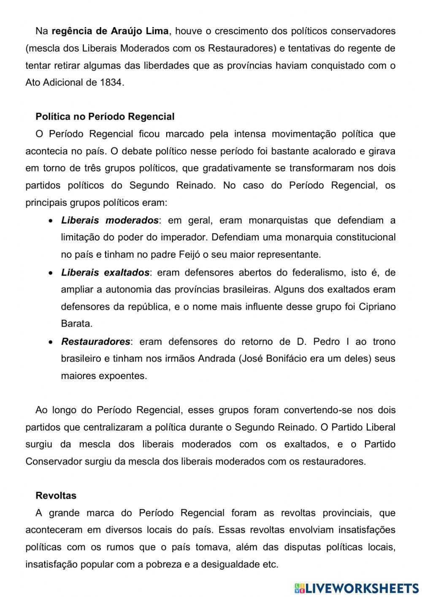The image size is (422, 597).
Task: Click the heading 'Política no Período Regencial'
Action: pyautogui.click(x=105, y=117)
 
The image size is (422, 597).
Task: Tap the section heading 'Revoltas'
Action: pyautogui.click(x=56, y=495)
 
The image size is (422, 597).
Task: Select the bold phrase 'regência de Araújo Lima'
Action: pyautogui.click(x=110, y=31)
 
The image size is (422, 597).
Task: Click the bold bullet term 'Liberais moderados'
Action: pyautogui.click(x=110, y=220)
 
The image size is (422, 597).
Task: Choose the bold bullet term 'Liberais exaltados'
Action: pyautogui.click(x=105, y=273)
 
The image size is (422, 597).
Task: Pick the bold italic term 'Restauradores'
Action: pyautogui.click(x=95, y=341)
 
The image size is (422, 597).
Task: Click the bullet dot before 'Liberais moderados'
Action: pyautogui.click(x=51, y=221)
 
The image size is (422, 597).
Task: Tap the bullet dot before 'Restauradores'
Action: pyautogui.click(x=51, y=342)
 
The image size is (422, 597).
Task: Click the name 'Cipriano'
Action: pyautogui.click(x=377, y=307)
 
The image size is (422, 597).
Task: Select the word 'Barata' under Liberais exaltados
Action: pyautogui.click(x=76, y=324)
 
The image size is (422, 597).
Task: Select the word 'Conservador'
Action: pyautogui.click(x=52, y=461)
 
